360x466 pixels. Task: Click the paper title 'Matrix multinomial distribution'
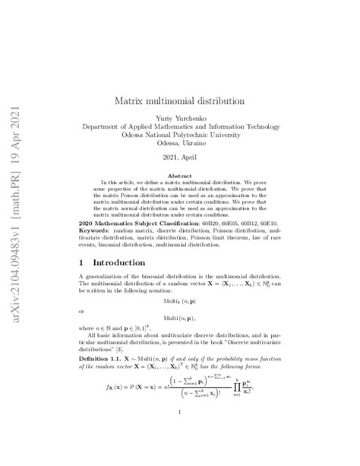[179, 100]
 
